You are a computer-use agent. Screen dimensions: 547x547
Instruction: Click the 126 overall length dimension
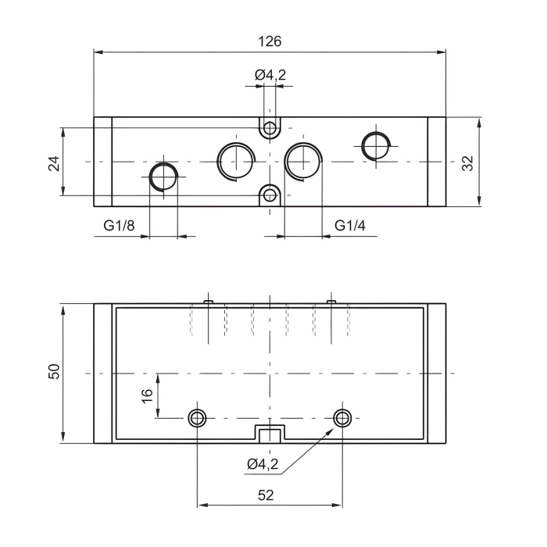270,41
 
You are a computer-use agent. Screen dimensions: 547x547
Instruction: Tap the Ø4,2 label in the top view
270,76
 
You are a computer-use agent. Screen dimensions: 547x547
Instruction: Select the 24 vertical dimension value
54,162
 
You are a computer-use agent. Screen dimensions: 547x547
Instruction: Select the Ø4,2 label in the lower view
263,464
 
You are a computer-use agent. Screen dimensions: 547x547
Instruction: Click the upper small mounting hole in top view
270,127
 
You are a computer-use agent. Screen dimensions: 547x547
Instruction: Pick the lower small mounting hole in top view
270,195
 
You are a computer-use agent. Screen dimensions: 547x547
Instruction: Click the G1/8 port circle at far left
163,177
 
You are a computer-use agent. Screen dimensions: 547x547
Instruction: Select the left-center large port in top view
235,160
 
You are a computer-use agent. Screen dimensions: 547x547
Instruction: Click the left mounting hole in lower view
197,418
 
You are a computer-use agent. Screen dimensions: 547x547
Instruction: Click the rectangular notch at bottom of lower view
270,434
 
